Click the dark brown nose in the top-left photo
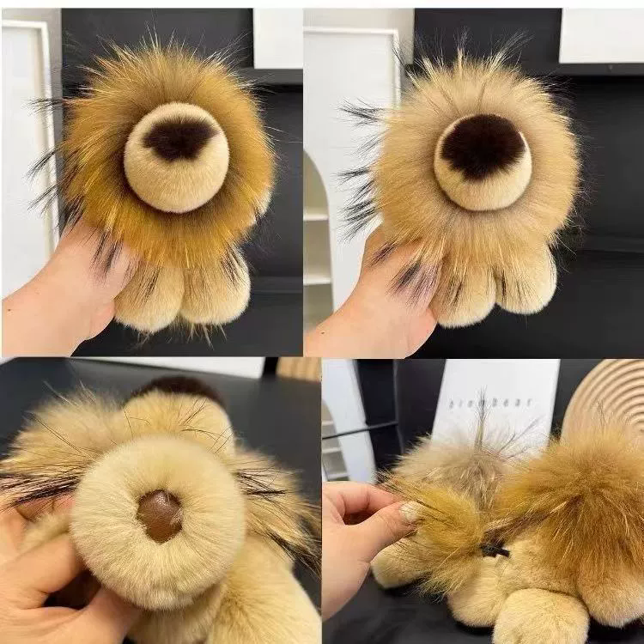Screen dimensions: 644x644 [x=179, y=137]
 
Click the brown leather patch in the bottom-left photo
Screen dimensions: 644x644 [x=160, y=515]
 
